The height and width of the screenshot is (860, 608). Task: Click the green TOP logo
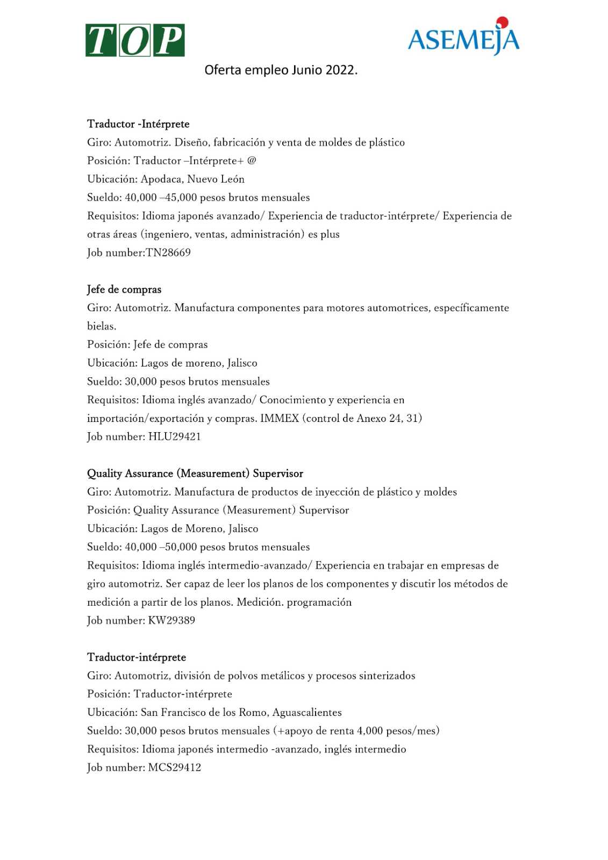pos(135,40)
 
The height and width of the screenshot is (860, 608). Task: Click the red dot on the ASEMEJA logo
pos(502,23)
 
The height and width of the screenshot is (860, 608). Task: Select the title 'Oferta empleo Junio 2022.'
pos(281,70)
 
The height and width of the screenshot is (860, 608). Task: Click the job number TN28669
pos(168,253)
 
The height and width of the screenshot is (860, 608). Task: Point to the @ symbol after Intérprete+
pos(252,160)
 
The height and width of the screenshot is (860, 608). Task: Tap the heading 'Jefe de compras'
pos(124,289)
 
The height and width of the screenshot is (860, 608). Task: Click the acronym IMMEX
pos(280,418)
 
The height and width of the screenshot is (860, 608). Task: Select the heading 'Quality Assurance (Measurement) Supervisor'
pos(195,474)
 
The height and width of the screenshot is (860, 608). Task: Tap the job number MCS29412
pos(174,768)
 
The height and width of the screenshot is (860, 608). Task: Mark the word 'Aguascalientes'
pos(307,712)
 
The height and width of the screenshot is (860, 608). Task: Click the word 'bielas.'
pos(102,326)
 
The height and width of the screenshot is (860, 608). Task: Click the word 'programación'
pos(319,602)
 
